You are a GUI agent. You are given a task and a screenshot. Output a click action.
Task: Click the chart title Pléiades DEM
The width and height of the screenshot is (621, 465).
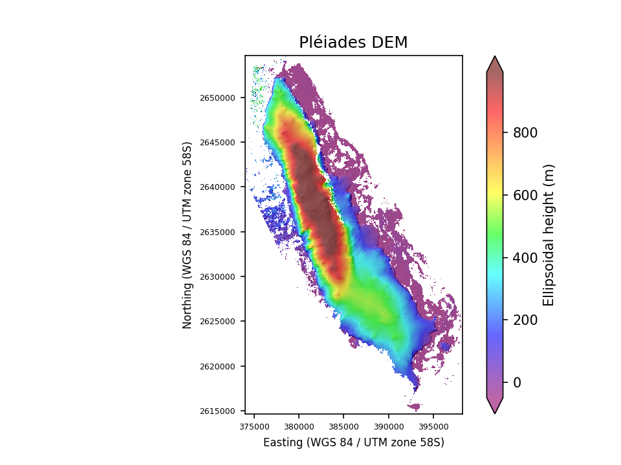[353, 43]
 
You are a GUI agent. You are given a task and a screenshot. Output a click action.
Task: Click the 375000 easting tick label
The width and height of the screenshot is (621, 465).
[254, 426]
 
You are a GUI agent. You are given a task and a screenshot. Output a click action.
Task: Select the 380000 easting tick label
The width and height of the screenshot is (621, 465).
[299, 426]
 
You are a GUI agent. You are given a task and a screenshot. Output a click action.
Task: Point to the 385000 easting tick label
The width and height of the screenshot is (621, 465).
[343, 426]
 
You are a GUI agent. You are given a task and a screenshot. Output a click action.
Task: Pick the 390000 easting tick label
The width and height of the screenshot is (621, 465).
[388, 426]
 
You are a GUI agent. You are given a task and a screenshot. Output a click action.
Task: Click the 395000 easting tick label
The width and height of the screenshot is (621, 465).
[433, 426]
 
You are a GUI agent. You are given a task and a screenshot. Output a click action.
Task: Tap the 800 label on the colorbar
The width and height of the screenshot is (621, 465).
[525, 133]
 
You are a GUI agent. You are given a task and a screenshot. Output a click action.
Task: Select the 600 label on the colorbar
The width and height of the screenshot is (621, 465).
[525, 196]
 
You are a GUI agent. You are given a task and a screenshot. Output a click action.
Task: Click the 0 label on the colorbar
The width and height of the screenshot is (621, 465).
[517, 383]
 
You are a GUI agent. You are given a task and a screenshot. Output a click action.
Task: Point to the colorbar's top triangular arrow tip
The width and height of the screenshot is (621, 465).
[495, 57]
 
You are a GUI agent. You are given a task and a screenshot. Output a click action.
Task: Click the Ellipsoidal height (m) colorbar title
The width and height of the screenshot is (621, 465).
[549, 234]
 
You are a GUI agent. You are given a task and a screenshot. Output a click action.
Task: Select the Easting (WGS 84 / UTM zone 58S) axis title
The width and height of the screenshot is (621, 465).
[353, 443]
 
